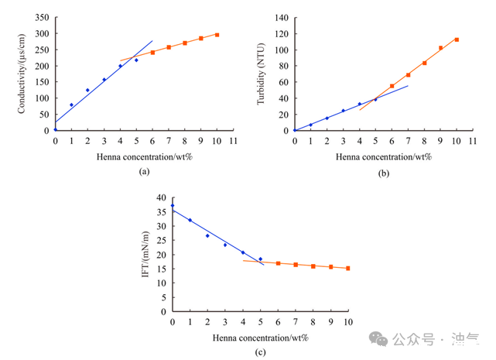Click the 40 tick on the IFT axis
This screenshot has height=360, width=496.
162,197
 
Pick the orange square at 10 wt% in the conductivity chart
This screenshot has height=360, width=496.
217,35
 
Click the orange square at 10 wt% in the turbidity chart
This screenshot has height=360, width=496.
457,39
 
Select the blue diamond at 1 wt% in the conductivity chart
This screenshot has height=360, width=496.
71,105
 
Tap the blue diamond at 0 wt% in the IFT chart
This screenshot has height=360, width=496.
172,205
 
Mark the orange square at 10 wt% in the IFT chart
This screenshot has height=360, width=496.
347,268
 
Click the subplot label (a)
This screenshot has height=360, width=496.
143,173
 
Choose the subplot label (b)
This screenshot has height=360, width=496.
383,173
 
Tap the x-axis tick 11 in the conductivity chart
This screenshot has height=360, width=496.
233,142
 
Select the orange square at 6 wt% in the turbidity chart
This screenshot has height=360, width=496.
392,86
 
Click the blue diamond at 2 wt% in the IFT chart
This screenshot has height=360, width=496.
207,235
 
